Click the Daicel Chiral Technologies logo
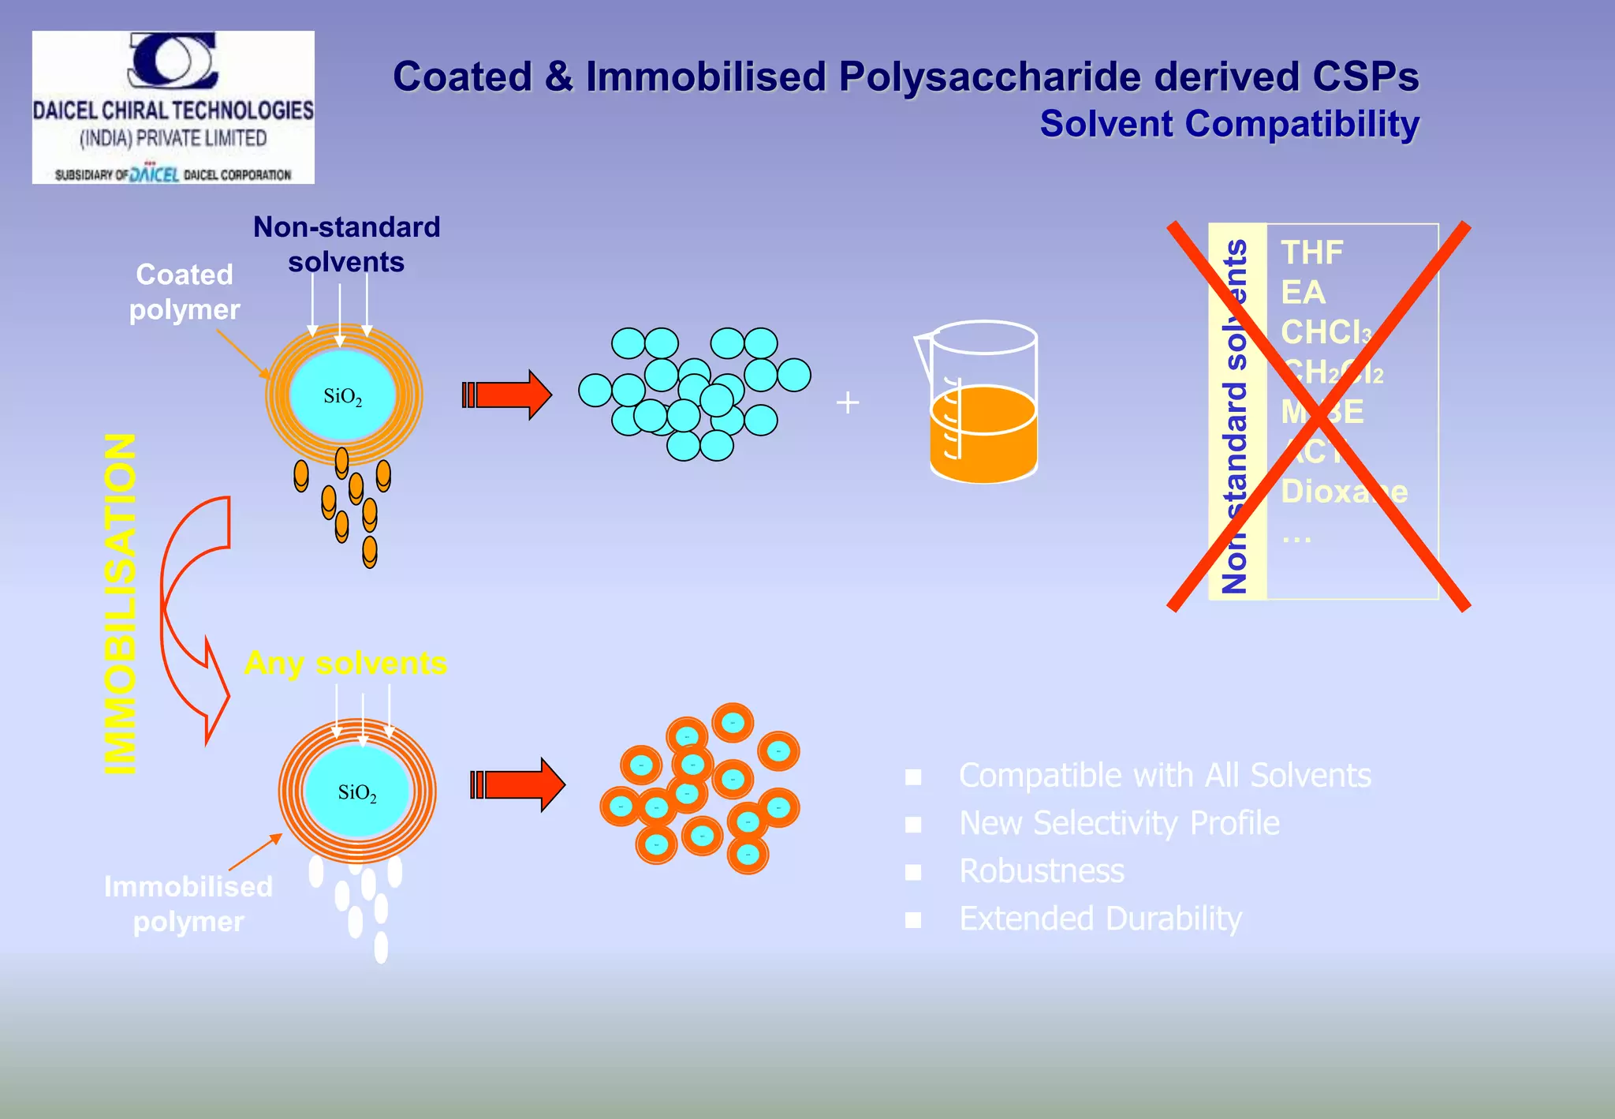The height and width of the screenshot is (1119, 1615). click(x=173, y=107)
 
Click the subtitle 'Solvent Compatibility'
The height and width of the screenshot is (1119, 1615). click(x=1229, y=125)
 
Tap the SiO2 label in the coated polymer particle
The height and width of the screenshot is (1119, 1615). click(x=343, y=396)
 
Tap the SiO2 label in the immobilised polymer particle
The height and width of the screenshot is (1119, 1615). click(x=357, y=792)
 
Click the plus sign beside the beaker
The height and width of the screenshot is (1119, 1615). click(x=848, y=402)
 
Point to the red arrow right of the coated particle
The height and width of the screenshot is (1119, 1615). click(x=509, y=395)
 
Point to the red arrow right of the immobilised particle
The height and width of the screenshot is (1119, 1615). click(x=519, y=784)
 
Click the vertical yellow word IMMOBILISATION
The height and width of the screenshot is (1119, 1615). click(x=121, y=604)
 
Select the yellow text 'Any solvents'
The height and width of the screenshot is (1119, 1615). click(x=345, y=663)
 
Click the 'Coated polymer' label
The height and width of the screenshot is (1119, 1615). click(x=185, y=292)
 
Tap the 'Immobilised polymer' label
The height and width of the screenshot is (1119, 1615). click(x=188, y=904)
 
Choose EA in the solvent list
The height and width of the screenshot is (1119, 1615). click(x=1303, y=293)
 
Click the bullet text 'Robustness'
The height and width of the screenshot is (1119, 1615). click(x=1042, y=871)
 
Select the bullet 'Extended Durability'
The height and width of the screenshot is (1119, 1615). click(x=1100, y=919)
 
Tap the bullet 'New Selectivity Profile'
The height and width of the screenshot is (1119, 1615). click(x=1119, y=823)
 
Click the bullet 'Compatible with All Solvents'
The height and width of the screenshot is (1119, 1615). click(x=1165, y=776)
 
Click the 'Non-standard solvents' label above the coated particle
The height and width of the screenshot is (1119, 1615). click(x=346, y=244)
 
